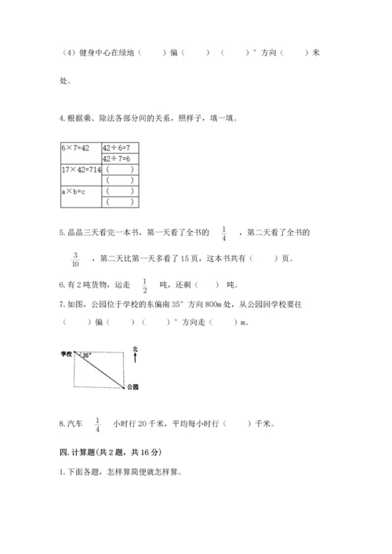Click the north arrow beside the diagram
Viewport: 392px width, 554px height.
point(136,358)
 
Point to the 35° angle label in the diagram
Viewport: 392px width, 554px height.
point(85,356)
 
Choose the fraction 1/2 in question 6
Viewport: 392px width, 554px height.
point(144,284)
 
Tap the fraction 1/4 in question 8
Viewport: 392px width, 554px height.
point(98,424)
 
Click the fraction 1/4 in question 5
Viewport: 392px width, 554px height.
point(223,232)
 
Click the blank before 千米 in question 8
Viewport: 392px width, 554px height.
point(237,425)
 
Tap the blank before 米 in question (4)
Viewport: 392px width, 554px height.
point(294,53)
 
